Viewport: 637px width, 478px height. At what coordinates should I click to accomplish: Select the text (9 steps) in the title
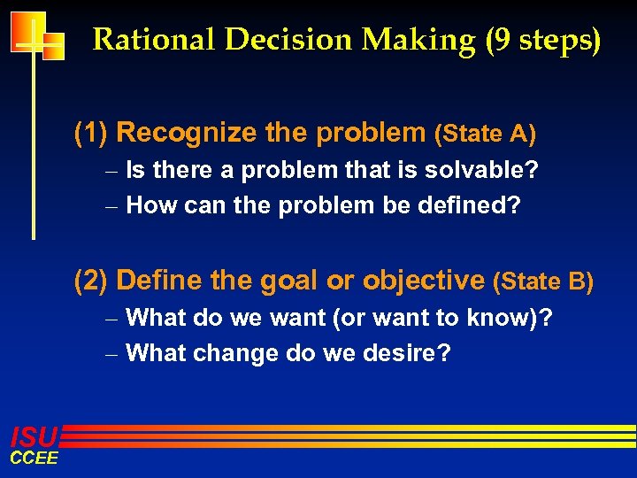(543, 40)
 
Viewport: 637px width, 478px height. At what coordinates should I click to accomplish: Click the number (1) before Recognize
(91, 133)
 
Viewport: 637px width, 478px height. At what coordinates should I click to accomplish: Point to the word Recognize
(187, 133)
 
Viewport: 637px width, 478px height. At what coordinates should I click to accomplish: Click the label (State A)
(485, 135)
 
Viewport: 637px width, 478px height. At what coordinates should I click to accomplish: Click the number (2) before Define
(91, 281)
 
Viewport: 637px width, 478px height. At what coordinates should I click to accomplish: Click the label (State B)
(543, 282)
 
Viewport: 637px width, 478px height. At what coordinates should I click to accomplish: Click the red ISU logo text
(34, 436)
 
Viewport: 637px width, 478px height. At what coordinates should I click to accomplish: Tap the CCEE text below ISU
(34, 458)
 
